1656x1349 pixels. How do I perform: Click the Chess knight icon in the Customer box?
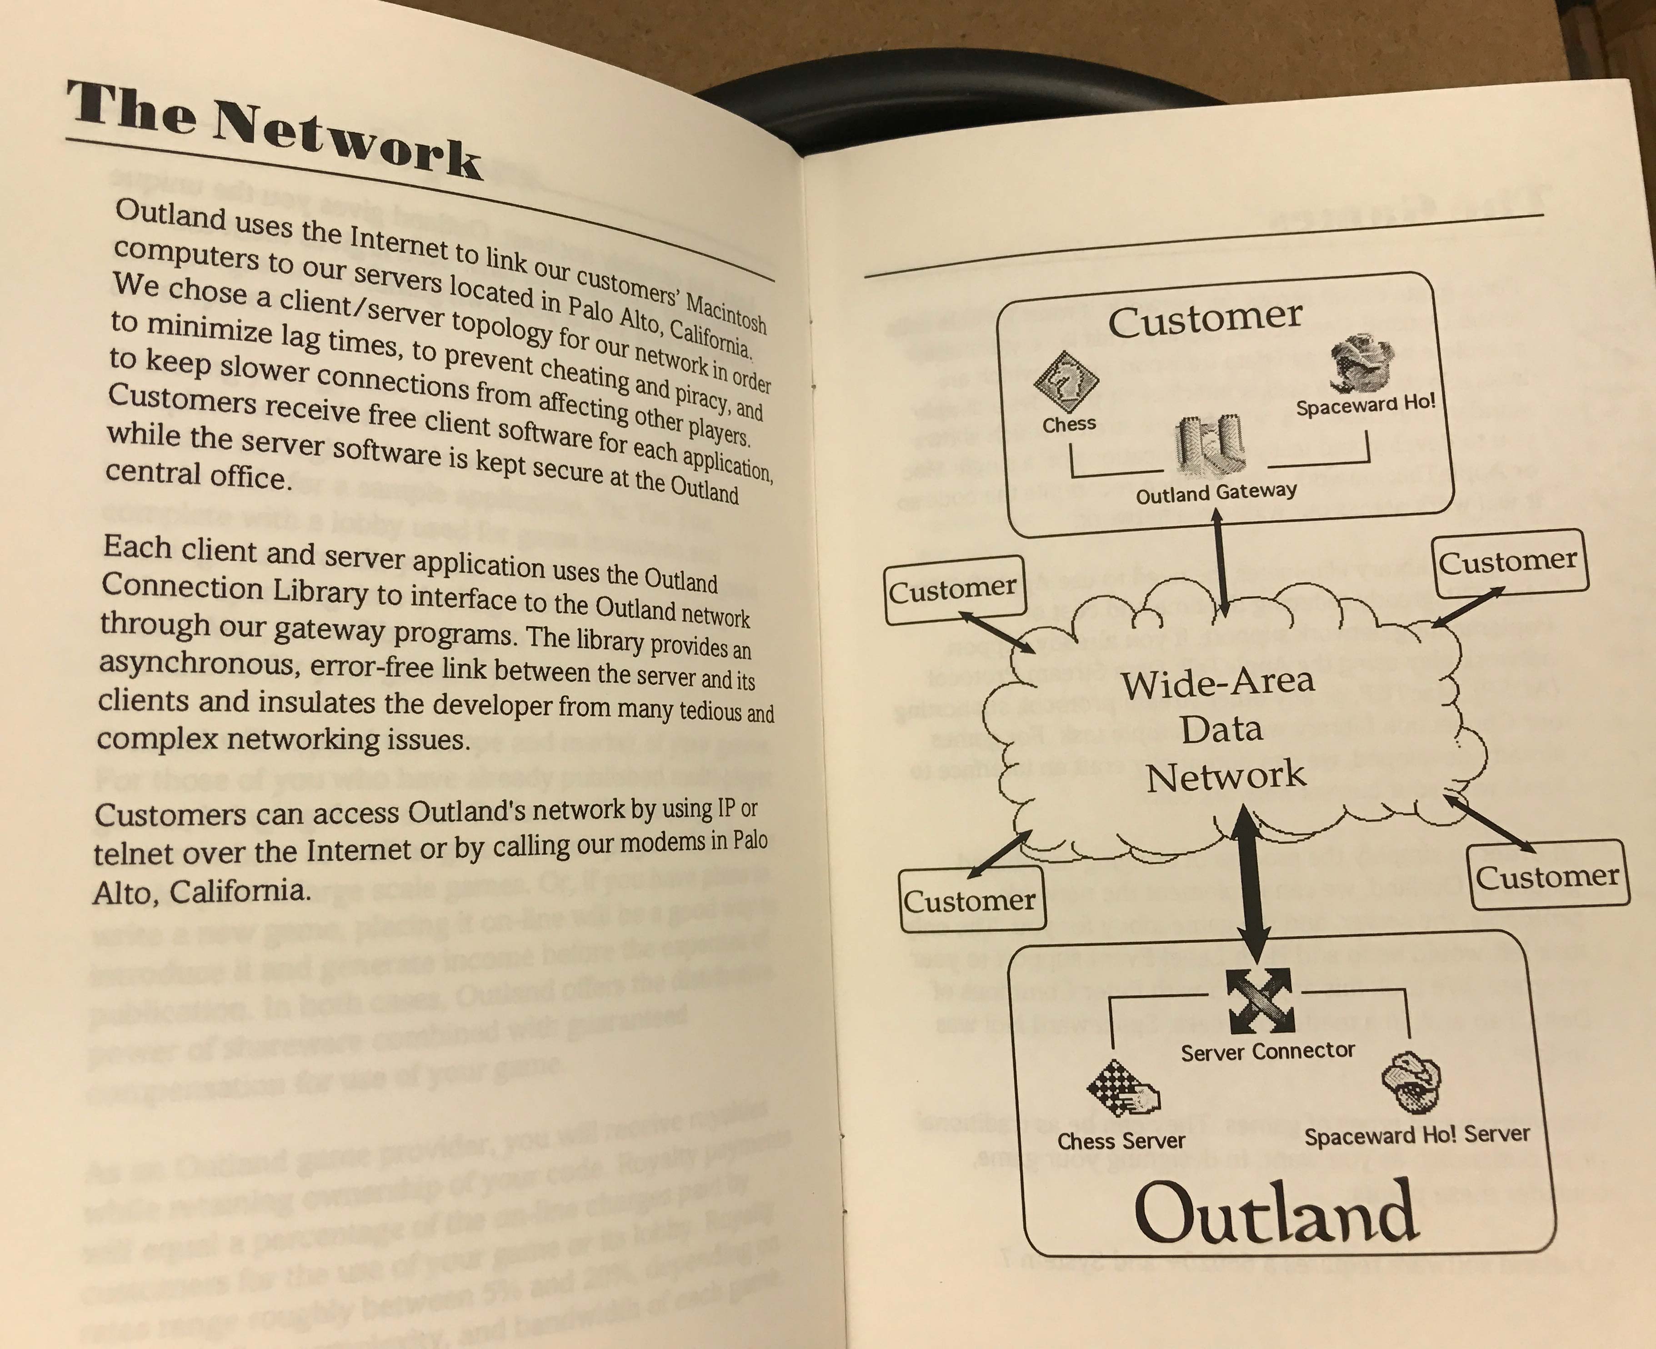1066,381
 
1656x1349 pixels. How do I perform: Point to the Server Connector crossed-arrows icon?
1260,1001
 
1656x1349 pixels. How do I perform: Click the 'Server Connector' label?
1267,1051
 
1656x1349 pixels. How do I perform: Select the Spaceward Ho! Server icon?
1411,1082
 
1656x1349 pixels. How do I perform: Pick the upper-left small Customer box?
953,590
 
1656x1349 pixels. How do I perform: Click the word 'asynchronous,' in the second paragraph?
197,663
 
